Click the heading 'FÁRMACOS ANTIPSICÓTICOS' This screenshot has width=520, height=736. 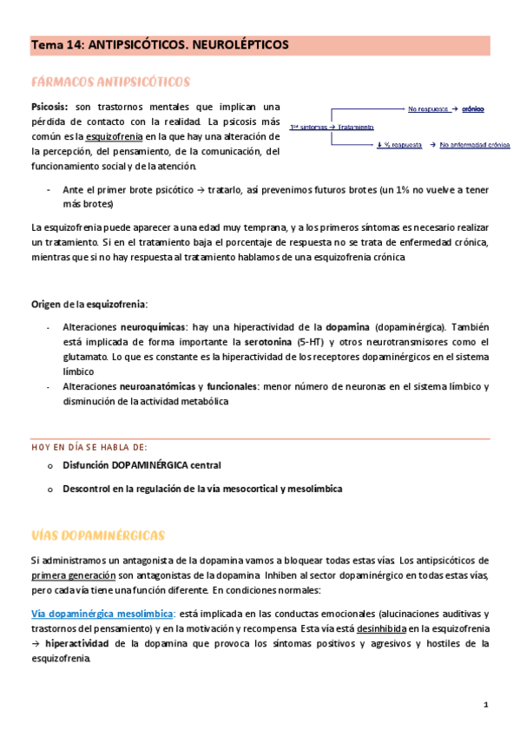(x=110, y=82)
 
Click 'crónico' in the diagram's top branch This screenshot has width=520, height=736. (x=473, y=108)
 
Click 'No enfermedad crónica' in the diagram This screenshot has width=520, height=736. (x=474, y=145)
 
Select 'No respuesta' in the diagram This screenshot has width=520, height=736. (x=427, y=108)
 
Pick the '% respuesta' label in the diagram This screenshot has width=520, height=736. (x=403, y=145)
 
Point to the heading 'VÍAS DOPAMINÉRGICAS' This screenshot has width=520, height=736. (x=97, y=533)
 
